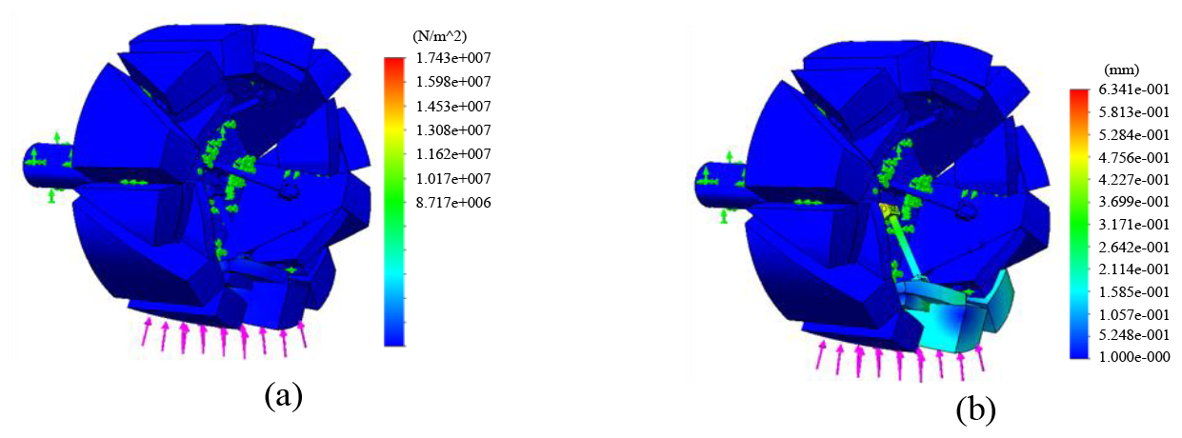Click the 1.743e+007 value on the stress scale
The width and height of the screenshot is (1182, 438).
coord(453,57)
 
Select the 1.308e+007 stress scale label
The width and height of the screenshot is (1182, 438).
coord(453,129)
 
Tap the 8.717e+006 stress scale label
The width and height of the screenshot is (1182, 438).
coord(453,203)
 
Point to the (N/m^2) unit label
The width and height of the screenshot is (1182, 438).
coord(439,36)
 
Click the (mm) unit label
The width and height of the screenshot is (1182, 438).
coord(1121,70)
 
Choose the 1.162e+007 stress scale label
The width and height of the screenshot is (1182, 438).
coord(453,154)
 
